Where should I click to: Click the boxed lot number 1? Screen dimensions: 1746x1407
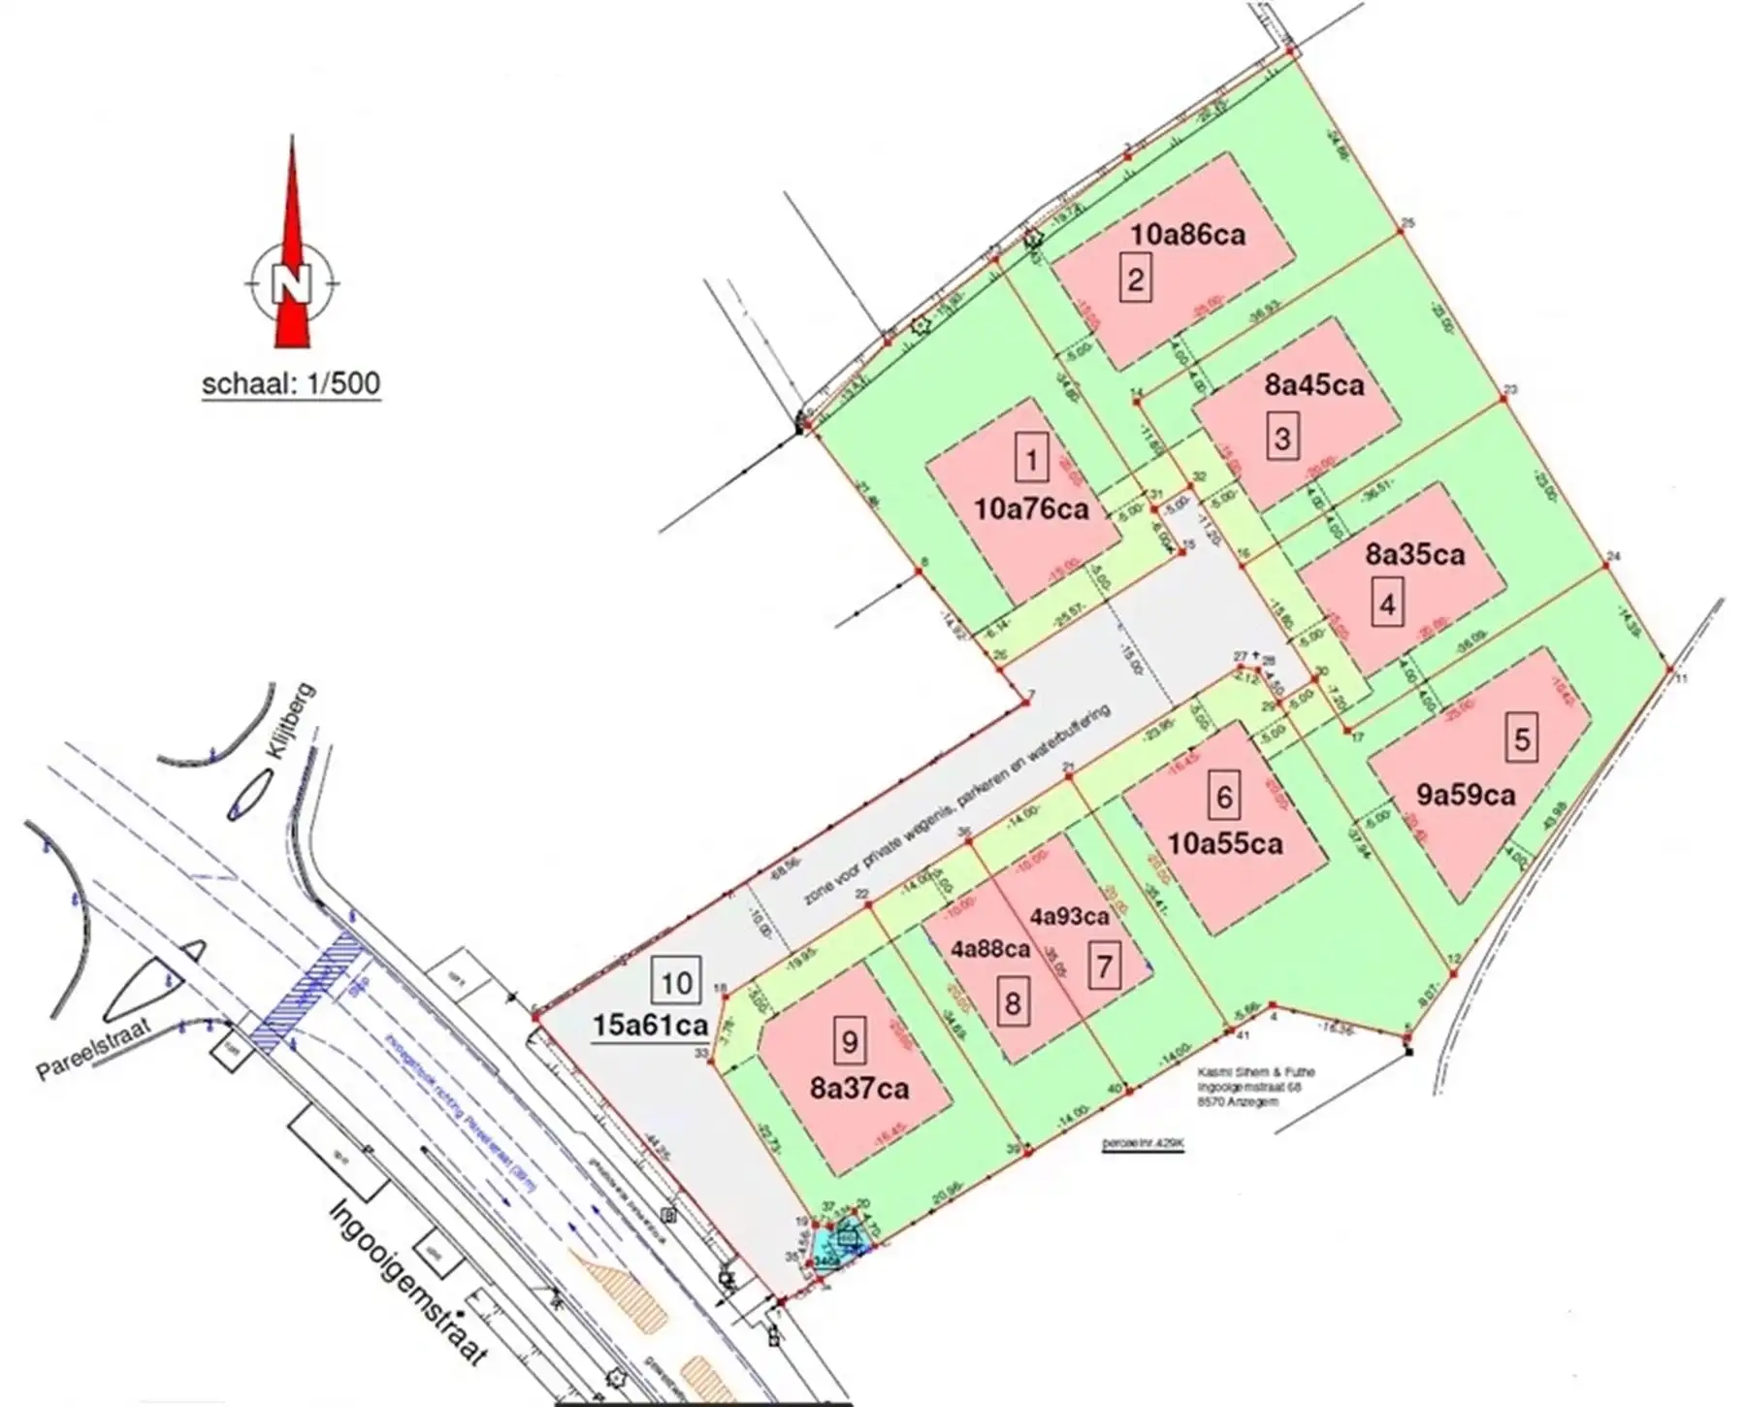(x=1031, y=459)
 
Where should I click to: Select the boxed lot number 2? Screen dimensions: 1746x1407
(x=1135, y=280)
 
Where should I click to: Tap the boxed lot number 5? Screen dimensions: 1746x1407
(x=1521, y=739)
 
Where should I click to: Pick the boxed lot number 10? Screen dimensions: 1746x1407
(x=675, y=982)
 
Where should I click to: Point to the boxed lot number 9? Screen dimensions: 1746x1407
(x=850, y=1042)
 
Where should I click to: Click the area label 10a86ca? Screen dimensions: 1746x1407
(x=1187, y=234)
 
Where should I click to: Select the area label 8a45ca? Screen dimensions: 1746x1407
(x=1314, y=385)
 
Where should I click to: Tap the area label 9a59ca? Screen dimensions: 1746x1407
(x=1466, y=796)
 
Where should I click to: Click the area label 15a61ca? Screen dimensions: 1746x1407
(x=648, y=1025)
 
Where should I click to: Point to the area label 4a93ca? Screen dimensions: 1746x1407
(x=1070, y=916)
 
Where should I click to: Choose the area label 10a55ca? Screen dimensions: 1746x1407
(x=1225, y=843)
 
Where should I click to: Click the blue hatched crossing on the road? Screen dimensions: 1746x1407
(x=310, y=990)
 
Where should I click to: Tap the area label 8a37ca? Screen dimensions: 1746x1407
(x=859, y=1089)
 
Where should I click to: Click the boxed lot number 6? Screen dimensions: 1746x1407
(x=1224, y=798)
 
